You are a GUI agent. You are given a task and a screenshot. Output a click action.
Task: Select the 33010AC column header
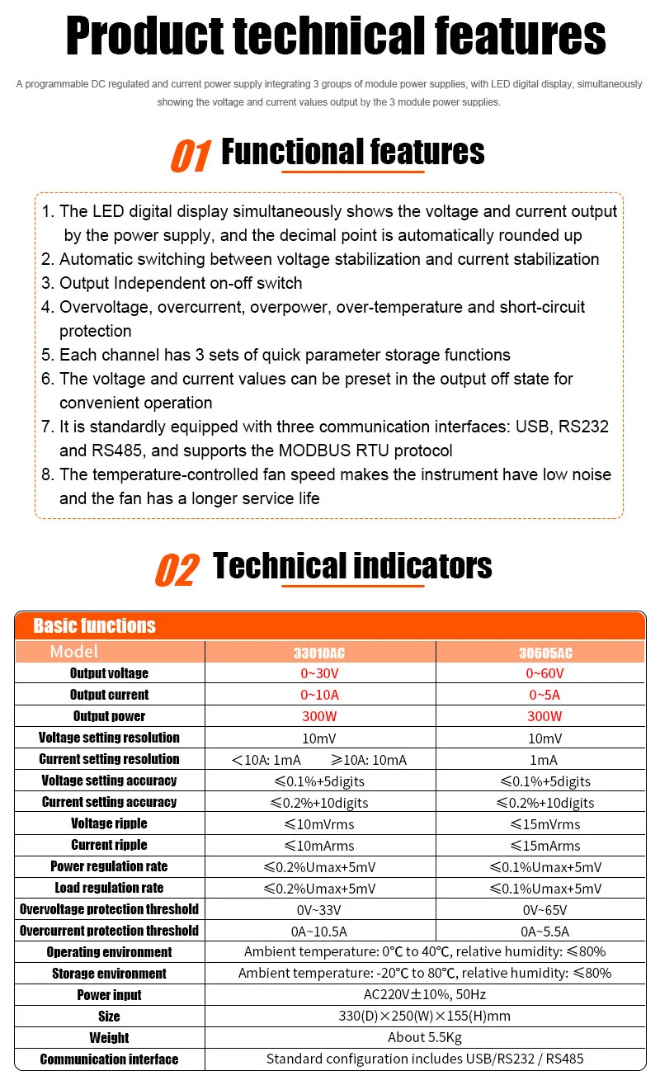pos(319,653)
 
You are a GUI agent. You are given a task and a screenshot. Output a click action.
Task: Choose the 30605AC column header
pos(544,653)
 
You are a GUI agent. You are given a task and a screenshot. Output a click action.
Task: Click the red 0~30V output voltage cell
pos(319,673)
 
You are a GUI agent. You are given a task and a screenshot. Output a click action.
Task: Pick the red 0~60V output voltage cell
pos(544,673)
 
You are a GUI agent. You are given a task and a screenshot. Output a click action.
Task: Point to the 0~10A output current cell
pos(319,695)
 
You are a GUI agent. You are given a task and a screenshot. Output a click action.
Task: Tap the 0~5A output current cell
pos(544,695)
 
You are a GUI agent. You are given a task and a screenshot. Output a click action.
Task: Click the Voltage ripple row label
pos(109,823)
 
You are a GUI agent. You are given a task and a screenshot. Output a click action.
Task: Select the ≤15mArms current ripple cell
pos(544,845)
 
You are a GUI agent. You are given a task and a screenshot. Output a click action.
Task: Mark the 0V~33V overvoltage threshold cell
pos(319,909)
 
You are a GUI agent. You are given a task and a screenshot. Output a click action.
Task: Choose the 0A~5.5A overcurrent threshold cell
pos(544,931)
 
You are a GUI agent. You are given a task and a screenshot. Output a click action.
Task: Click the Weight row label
pos(109,1038)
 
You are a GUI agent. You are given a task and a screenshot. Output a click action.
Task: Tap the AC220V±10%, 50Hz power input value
pos(425,995)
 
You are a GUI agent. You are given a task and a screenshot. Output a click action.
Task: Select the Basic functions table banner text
pos(94,625)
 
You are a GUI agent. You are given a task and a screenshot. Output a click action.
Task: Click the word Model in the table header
pos(73,652)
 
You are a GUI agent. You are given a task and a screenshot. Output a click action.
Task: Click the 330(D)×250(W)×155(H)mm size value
pos(425,1017)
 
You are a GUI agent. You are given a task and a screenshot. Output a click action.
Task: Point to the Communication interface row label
pos(109,1059)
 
